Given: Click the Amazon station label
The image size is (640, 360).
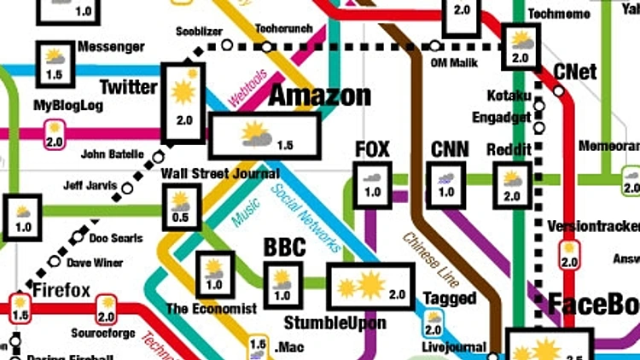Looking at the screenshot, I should (320, 96).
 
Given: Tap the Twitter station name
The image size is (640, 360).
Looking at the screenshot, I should (129, 87).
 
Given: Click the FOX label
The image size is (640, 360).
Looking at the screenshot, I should (372, 150).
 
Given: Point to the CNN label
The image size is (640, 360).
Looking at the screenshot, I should (449, 150).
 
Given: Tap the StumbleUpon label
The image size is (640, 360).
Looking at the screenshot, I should (335, 322).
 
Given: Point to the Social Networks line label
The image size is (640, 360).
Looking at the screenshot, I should (306, 218).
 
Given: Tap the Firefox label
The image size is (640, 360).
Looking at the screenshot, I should (61, 290).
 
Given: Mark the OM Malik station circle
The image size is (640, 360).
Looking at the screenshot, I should (435, 45).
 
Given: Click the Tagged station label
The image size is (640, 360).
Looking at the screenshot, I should (450, 299).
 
